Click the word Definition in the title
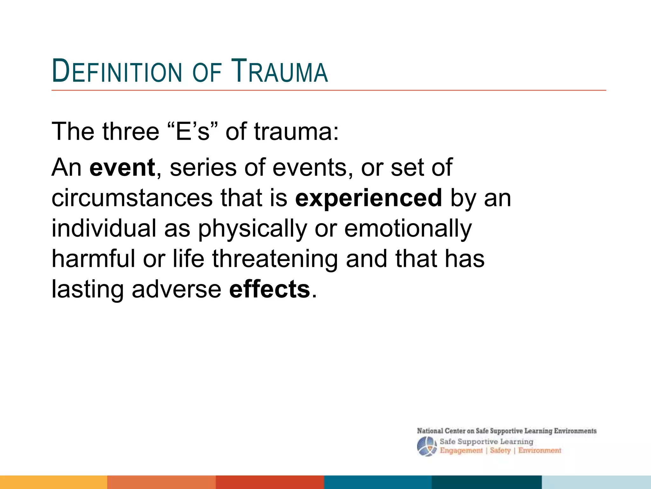click(x=117, y=71)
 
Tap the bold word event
click(x=122, y=167)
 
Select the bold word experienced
click(x=368, y=198)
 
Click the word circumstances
click(x=132, y=198)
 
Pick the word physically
click(x=253, y=229)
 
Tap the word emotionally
click(x=408, y=229)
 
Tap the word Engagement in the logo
click(x=461, y=450)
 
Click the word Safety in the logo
click(x=500, y=450)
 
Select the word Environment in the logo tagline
click(x=540, y=450)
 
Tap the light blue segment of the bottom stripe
click(x=596, y=482)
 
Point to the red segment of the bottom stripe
click(x=270, y=482)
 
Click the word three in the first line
click(x=130, y=131)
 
